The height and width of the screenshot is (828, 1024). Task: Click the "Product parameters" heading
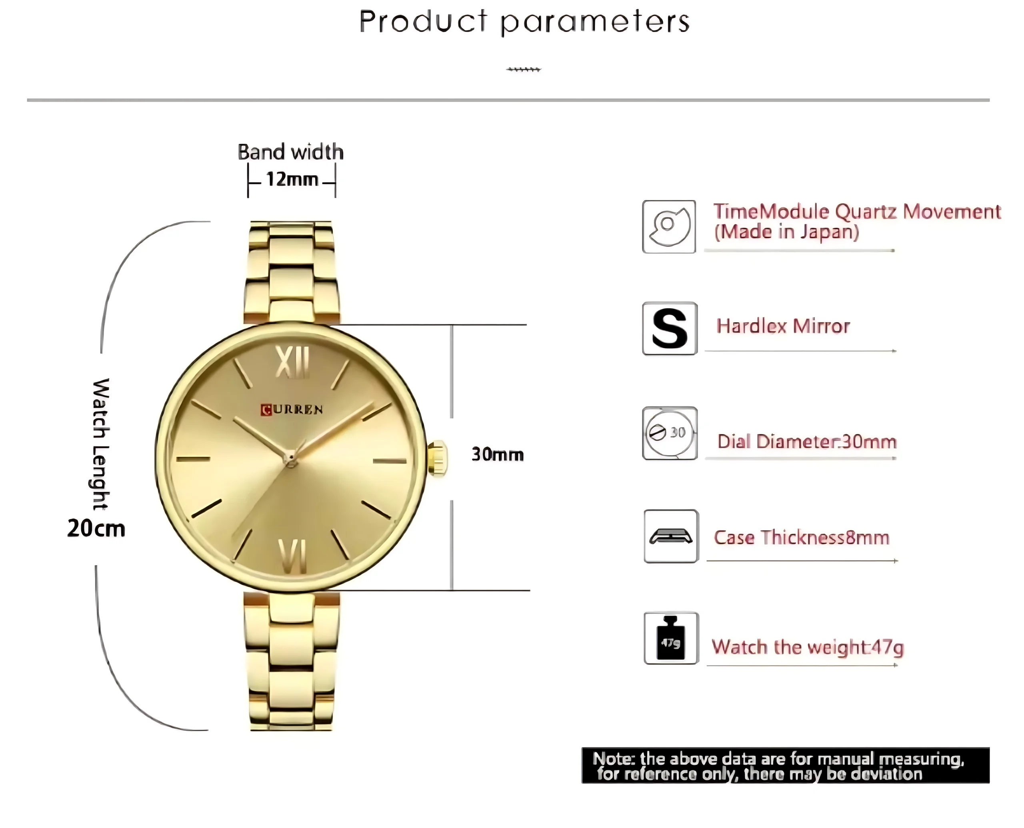click(524, 22)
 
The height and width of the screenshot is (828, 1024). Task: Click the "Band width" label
click(290, 152)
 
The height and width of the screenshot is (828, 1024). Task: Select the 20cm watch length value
click(96, 528)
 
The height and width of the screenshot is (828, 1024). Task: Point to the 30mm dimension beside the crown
click(498, 454)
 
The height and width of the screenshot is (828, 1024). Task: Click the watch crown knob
click(437, 458)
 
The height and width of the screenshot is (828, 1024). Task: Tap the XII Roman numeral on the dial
click(293, 362)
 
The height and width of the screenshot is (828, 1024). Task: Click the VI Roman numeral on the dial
click(292, 556)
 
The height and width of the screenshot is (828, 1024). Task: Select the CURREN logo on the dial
click(292, 409)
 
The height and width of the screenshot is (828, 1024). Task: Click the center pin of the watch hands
click(290, 459)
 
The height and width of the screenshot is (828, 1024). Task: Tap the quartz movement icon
click(669, 226)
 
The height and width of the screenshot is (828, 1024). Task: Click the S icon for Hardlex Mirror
click(670, 328)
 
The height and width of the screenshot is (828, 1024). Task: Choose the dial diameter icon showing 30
click(670, 433)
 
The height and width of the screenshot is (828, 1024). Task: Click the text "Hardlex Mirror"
click(783, 326)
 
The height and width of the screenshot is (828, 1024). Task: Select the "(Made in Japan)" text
click(786, 232)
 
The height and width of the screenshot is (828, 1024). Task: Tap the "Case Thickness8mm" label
click(802, 538)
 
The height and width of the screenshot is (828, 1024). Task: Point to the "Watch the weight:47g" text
click(808, 647)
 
